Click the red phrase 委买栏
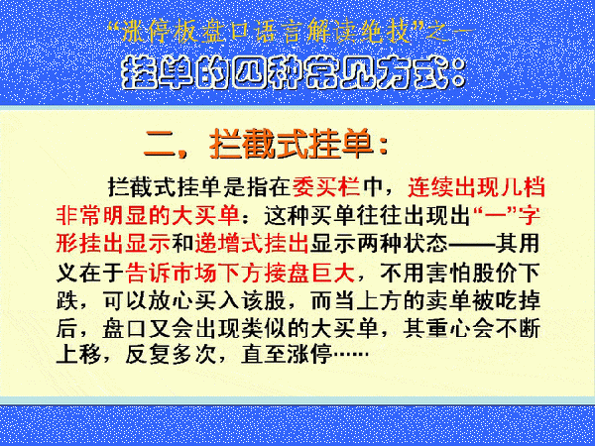coord(326,187)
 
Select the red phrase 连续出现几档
coord(476,187)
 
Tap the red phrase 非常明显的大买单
coord(148,215)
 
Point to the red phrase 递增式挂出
coord(251,244)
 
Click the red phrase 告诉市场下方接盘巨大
coord(240,273)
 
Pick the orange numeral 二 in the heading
coord(160,144)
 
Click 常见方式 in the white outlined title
coord(375,72)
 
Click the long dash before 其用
coord(471,244)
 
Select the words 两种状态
coord(402,244)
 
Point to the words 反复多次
coord(171,355)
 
